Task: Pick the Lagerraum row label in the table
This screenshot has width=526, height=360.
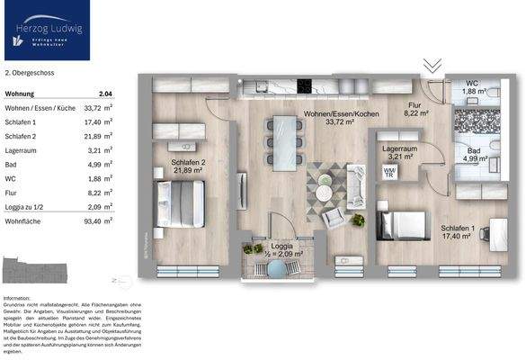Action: coord(22,150)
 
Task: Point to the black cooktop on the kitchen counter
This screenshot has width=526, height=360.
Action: coord(305,86)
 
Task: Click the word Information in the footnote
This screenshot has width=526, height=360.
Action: coord(17,298)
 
